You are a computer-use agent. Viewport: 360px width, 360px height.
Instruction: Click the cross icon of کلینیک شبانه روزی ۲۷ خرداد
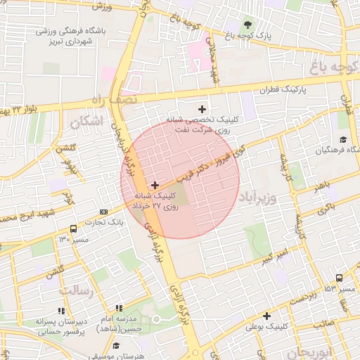pyautogui.click(x=155, y=185)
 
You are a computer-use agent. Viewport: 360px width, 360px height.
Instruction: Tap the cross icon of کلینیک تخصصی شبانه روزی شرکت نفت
pyautogui.click(x=203, y=109)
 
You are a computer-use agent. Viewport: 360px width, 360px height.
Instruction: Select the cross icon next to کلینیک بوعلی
pyautogui.click(x=267, y=316)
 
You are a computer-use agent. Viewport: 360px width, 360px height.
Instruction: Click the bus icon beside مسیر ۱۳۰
pyautogui.click(x=73, y=229)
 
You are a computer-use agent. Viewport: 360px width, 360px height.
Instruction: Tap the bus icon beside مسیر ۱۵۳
pyautogui.click(x=340, y=278)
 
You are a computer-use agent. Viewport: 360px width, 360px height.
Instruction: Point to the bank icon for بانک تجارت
pyautogui.click(x=104, y=212)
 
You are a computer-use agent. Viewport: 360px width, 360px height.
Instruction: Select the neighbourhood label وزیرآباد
pyautogui.click(x=259, y=193)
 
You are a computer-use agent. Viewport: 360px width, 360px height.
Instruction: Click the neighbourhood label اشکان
pyautogui.click(x=86, y=122)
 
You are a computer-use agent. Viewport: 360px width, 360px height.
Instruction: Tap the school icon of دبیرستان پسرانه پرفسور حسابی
pyautogui.click(x=60, y=310)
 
